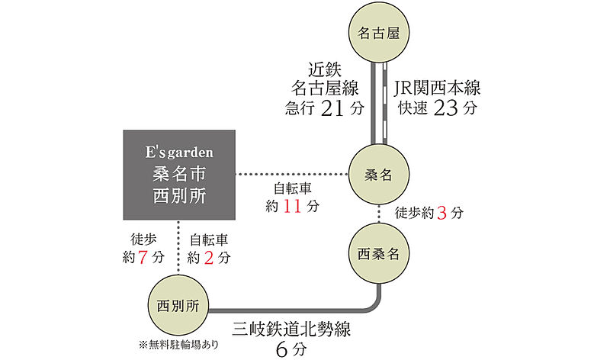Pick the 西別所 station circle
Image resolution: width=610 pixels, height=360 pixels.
tap(177, 306)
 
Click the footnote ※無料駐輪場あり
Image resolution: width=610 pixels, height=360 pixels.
tap(178, 344)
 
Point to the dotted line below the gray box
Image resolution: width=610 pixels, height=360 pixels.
tap(178, 248)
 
